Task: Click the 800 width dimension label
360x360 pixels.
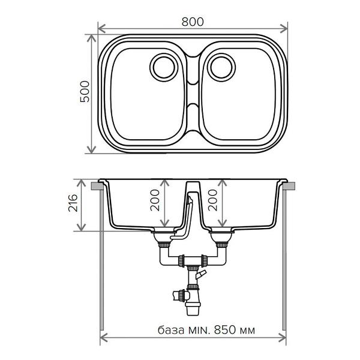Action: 193,22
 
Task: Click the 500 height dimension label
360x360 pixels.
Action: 85,91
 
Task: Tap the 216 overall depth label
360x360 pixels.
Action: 73,203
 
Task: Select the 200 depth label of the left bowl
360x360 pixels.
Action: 155,200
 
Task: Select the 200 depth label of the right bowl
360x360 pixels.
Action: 212,200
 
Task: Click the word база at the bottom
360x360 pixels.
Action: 171,330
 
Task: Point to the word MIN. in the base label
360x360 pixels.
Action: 199,330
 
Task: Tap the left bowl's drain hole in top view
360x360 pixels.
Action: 164,67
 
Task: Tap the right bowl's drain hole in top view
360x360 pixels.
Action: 221,67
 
